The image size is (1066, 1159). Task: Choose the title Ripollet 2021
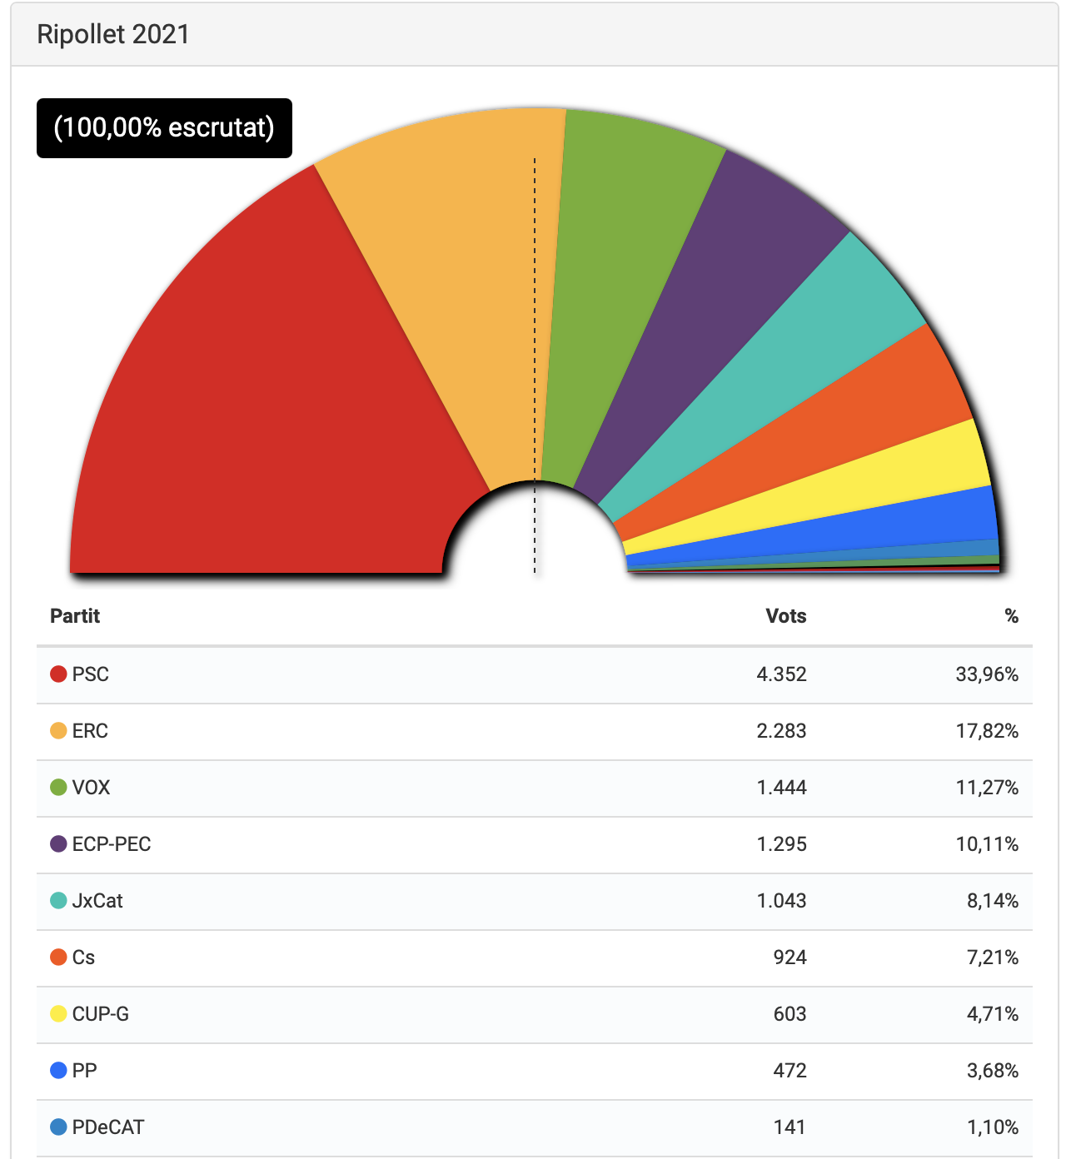[113, 34]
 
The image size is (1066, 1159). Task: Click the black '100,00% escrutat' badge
[164, 127]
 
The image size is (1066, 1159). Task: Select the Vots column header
[785, 616]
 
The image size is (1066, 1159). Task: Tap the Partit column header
[75, 616]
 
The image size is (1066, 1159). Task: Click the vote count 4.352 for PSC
[781, 674]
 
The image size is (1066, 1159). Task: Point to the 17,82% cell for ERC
[987, 731]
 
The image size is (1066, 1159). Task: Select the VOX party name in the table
[91, 788]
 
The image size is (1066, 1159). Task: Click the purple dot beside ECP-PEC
[58, 844]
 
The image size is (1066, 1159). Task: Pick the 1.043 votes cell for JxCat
[781, 901]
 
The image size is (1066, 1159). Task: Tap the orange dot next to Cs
[58, 958]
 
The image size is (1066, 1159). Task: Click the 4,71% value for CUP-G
[992, 1014]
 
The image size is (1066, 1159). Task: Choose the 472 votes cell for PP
[790, 1071]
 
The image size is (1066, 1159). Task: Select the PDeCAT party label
[108, 1127]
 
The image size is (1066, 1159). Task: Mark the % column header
[1011, 616]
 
